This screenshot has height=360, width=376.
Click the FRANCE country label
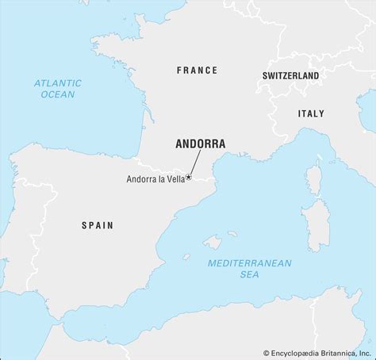[197, 71]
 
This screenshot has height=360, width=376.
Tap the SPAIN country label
[97, 225]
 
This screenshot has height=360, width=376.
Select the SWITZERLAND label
[290, 75]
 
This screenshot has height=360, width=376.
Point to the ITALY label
[310, 113]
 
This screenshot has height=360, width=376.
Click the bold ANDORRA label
[200, 144]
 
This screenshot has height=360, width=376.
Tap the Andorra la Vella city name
[155, 179]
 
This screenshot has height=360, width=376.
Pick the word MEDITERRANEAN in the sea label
[249, 263]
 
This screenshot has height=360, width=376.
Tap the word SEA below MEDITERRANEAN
[249, 275]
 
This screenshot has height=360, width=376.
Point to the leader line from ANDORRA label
[194, 164]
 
